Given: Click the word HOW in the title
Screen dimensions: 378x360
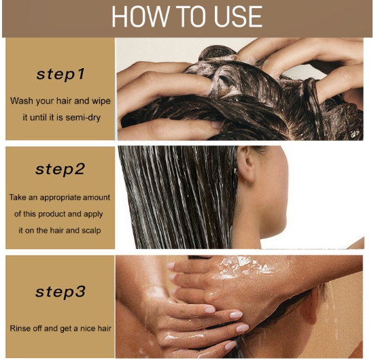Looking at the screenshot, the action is point(140,17).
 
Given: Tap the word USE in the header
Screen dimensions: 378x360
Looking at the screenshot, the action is point(238,17).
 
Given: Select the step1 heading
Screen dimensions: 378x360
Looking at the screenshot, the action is point(61,74).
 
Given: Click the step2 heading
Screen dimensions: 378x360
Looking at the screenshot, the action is point(60,169).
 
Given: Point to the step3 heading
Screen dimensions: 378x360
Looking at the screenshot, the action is point(61,292).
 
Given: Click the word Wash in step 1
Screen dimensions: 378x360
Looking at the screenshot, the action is point(22,101).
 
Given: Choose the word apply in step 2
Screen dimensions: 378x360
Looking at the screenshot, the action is point(93,214).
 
